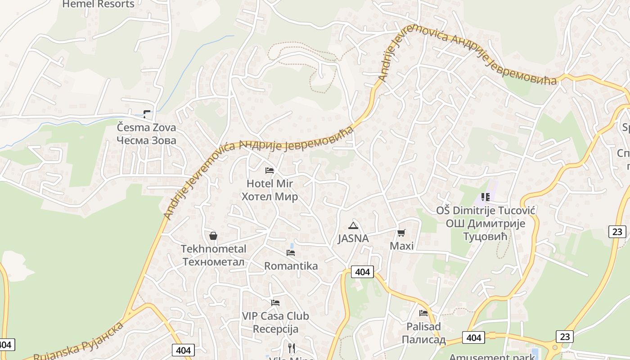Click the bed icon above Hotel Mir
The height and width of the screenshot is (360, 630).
coord(270,171)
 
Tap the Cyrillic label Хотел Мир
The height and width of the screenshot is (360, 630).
coord(270,197)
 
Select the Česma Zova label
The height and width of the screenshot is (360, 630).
coord(146,127)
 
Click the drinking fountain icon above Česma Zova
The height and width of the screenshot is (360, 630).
coord(147,114)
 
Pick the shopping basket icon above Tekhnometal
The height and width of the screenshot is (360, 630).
coord(213,236)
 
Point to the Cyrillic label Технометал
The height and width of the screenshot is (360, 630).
coord(213,262)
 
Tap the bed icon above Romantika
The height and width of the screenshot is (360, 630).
coord(291,253)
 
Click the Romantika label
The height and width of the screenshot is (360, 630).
coord(291,266)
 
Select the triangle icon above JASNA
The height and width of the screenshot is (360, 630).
coord(353,225)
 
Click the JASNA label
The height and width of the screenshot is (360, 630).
coord(353,238)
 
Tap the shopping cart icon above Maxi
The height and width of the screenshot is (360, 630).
coord(401,233)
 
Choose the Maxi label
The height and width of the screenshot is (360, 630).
coord(401,246)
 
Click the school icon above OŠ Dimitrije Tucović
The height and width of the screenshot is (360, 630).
coord(485,197)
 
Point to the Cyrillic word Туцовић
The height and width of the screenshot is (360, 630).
coord(485,236)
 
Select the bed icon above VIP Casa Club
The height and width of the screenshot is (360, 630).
coord(275,303)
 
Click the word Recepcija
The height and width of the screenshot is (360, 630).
coord(275,329)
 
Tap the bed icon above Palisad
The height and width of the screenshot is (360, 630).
coord(423,313)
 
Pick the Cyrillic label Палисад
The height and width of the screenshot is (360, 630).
coord(423,339)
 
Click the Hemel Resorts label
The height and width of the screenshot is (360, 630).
coord(98,4)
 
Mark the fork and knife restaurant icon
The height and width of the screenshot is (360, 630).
coord(292,348)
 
